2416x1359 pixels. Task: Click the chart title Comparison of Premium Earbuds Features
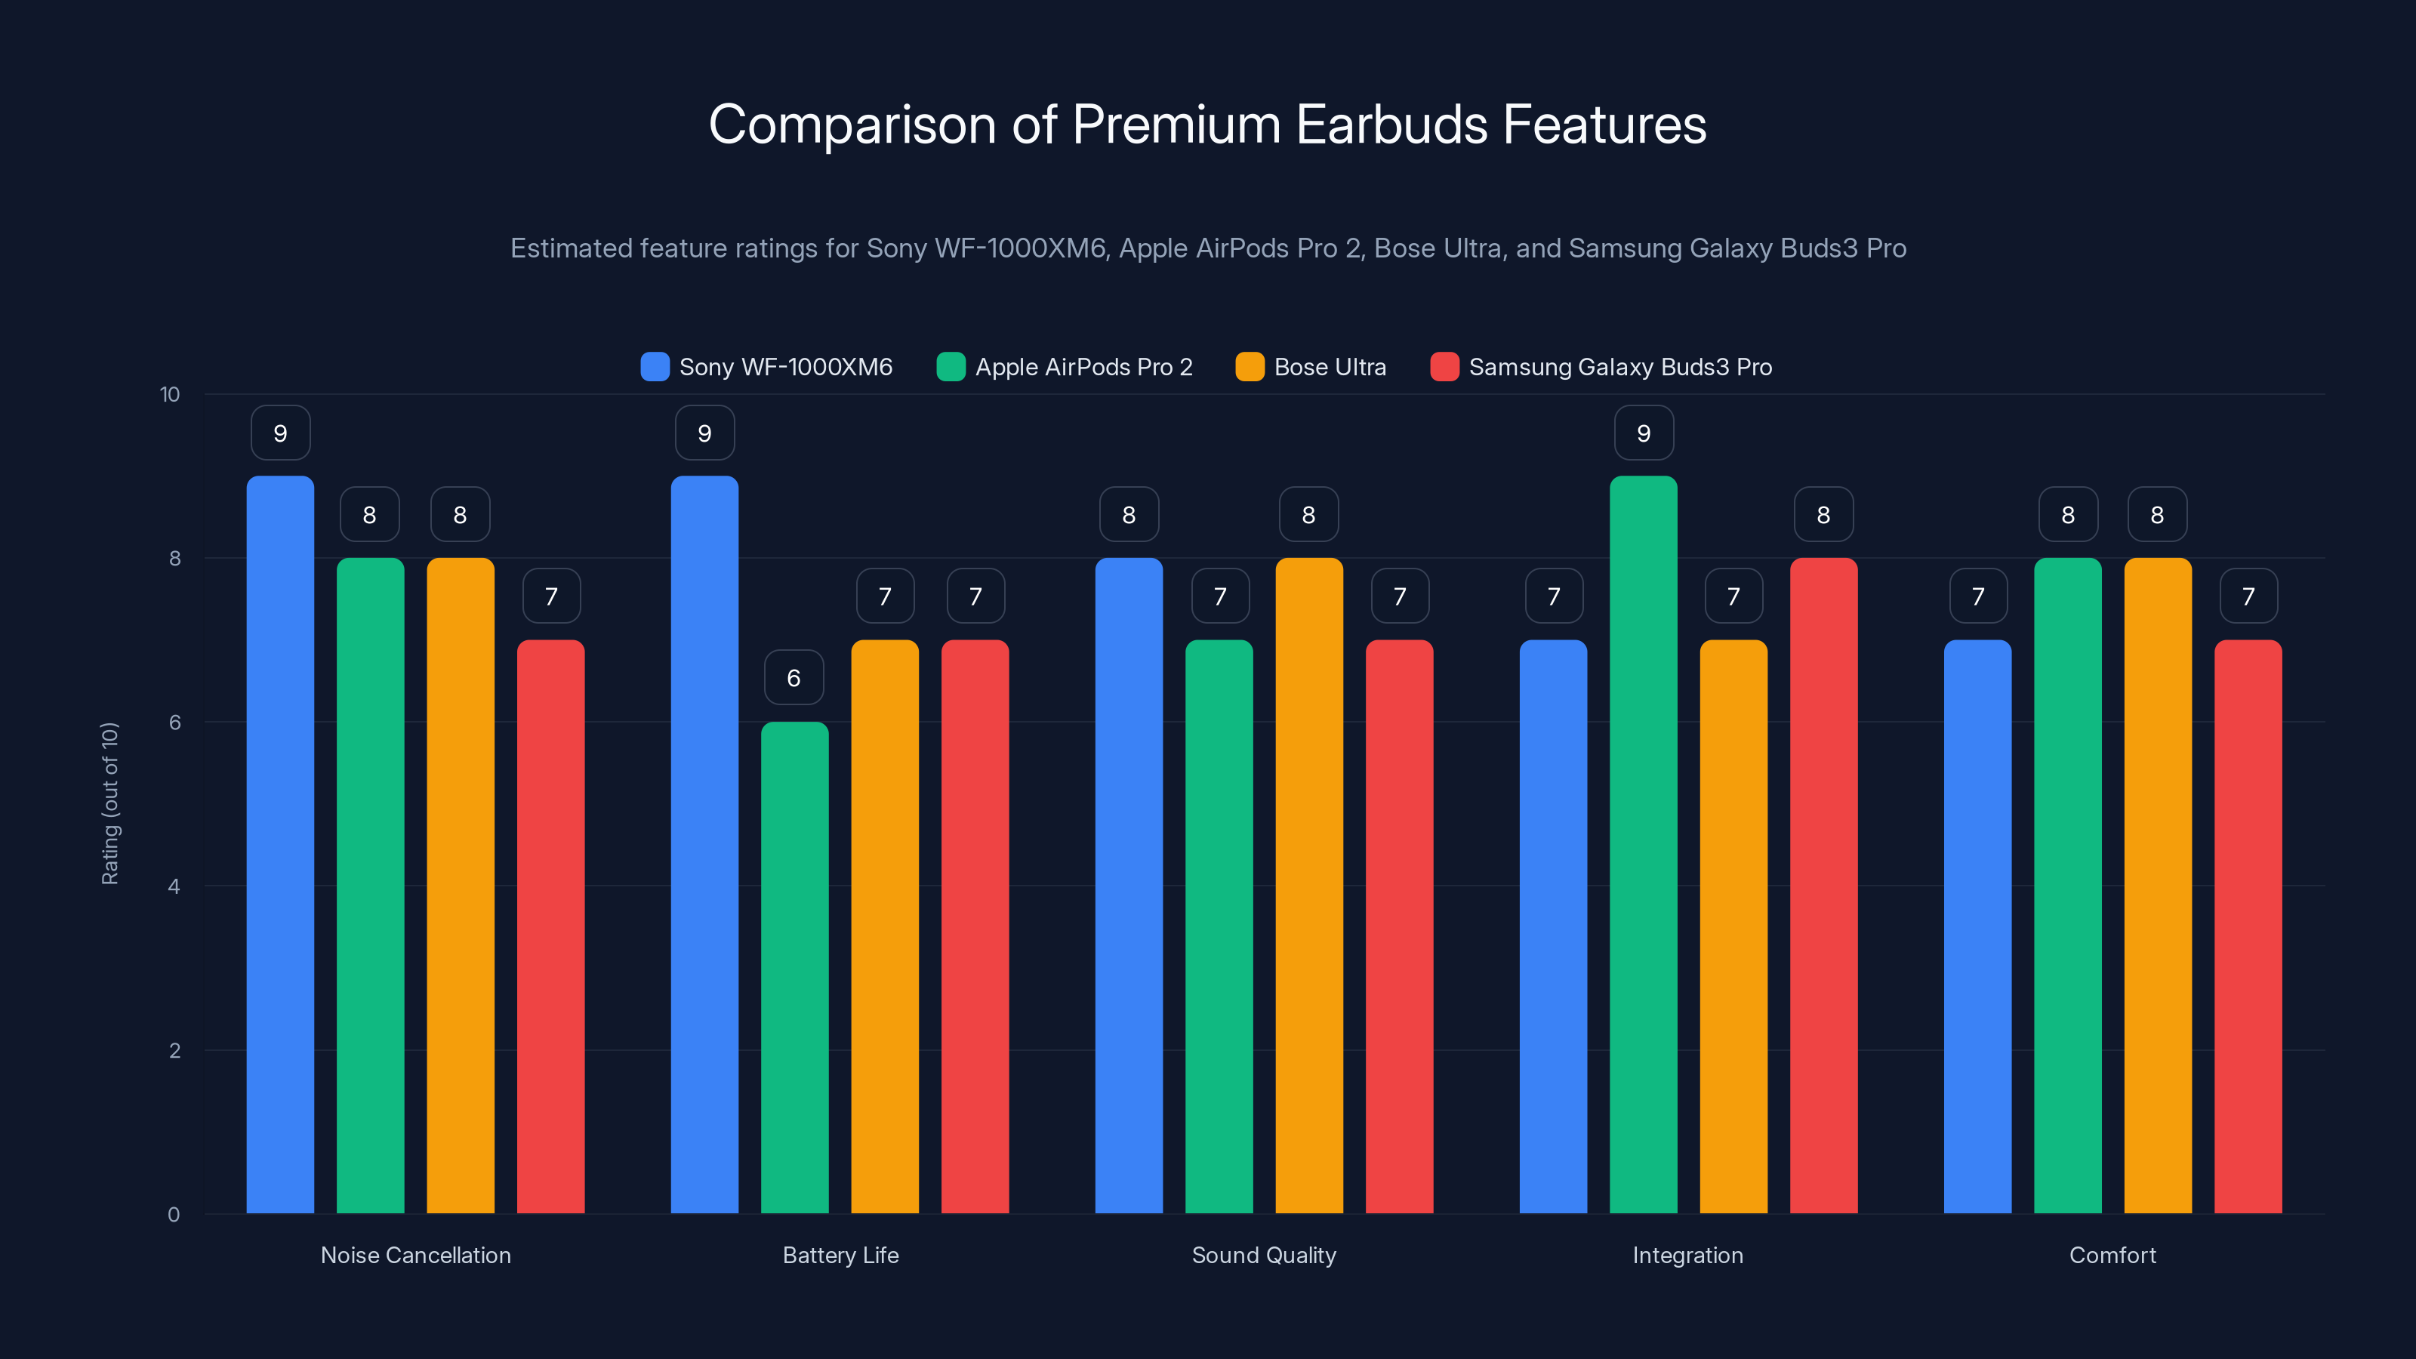pos(1207,125)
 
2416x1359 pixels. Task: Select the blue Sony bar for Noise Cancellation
pos(280,844)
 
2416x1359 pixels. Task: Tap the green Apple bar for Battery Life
pos(794,966)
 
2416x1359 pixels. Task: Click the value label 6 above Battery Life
pos(794,677)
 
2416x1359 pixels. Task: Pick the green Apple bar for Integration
pos(1643,844)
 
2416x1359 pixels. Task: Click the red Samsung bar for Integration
pos(1823,886)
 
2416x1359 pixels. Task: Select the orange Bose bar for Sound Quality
pos(1308,886)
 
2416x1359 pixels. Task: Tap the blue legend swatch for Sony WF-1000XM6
pos(655,367)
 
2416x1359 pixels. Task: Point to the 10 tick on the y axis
pos(170,394)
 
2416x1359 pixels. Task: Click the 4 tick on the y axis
pos(174,886)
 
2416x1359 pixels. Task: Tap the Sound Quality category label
pos(1263,1255)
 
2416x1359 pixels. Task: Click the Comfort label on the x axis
pos(2112,1255)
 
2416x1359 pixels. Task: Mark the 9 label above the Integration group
pos(1643,433)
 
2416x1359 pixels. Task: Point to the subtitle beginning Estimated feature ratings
pos(1207,248)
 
